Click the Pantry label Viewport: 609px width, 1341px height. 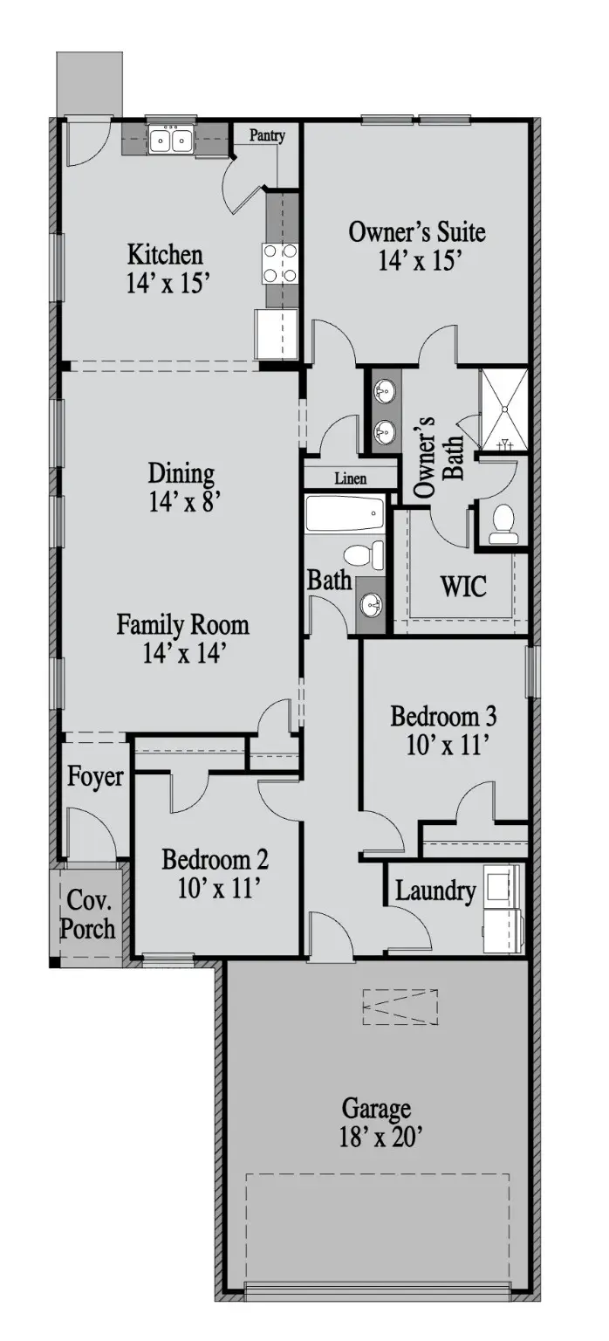pos(267,136)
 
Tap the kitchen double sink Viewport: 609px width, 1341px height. pos(170,141)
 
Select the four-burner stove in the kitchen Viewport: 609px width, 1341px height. pos(279,264)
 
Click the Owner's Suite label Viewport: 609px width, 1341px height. pos(417,232)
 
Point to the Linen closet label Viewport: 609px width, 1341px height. pos(351,478)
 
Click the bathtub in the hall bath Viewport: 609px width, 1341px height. pos(345,513)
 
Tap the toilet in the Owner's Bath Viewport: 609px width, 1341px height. pos(502,524)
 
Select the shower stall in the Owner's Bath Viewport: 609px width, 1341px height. pos(503,409)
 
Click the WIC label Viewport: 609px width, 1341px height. pos(463,586)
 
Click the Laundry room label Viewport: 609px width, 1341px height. pos(435,891)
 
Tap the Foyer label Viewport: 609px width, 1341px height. pos(95,776)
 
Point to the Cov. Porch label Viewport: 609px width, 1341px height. pos(88,914)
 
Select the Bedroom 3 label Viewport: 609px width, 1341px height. pos(444,716)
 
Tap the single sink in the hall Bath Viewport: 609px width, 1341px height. pos(372,605)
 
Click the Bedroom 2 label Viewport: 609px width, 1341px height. pos(215,860)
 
